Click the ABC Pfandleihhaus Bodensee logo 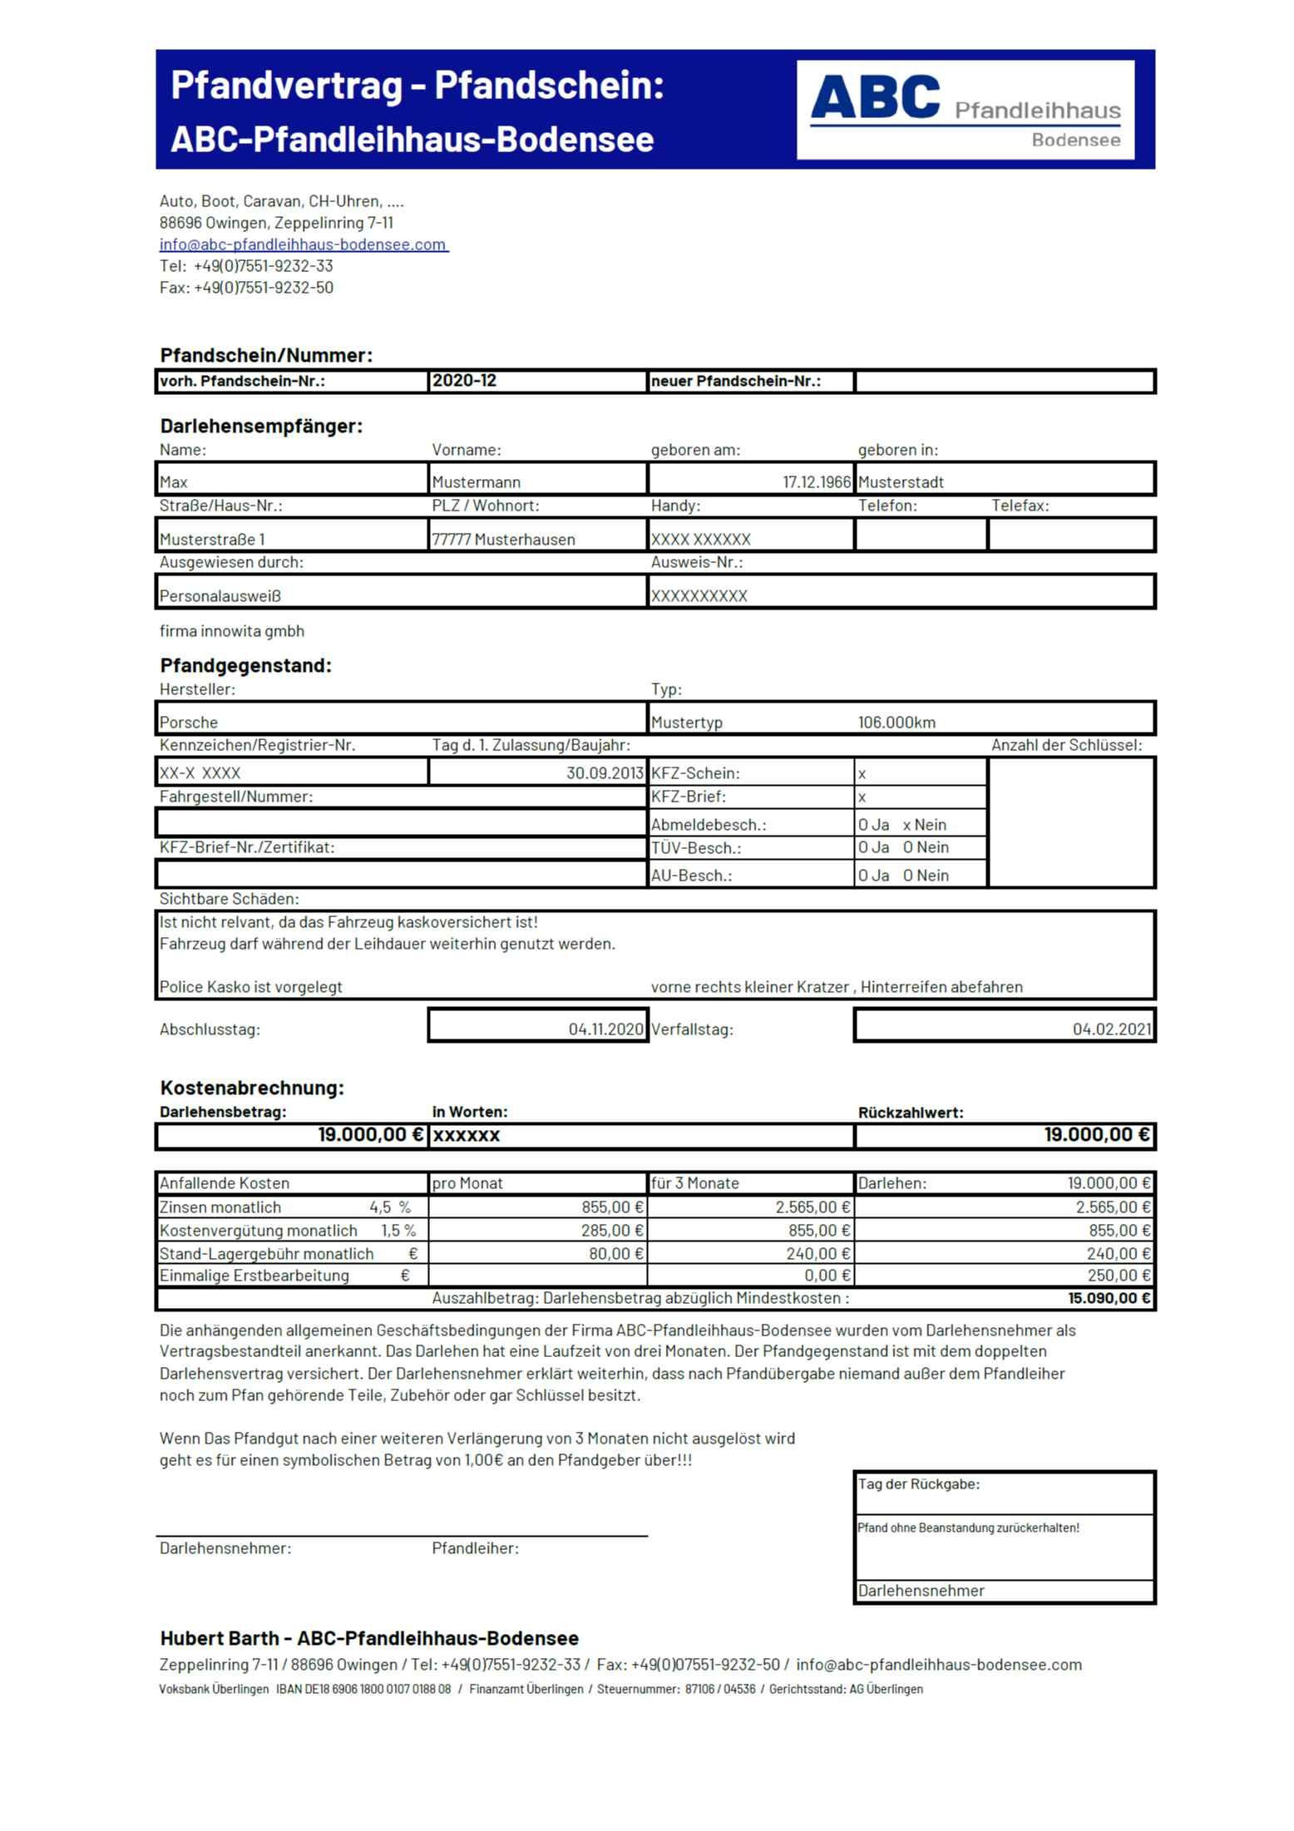tap(964, 109)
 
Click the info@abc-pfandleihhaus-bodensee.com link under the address tap(303, 244)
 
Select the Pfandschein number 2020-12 tap(464, 381)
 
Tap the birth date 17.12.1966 tap(816, 482)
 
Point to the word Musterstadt tap(900, 482)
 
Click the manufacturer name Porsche tap(189, 723)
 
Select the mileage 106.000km tap(896, 723)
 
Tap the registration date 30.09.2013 tap(605, 773)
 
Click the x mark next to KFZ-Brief tap(862, 797)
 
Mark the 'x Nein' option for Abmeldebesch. tap(924, 825)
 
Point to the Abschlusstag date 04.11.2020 tap(605, 1029)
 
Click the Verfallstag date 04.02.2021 tap(1111, 1029)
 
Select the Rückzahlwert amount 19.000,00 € tap(1096, 1135)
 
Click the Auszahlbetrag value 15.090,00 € tap(1109, 1298)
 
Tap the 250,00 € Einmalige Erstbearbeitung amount tap(1119, 1276)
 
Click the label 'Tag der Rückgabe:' tap(918, 1484)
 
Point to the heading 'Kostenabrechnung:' tap(252, 1088)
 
